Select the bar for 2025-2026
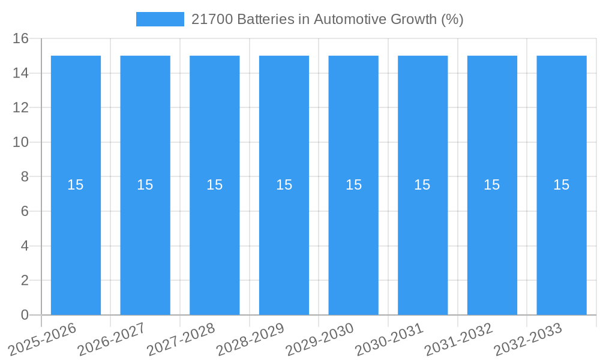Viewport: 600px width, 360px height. [x=76, y=240]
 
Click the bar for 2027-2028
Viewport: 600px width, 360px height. [x=215, y=240]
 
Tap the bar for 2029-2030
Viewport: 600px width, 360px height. [x=353, y=240]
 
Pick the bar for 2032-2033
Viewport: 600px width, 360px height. [x=562, y=240]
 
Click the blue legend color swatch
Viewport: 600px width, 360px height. [x=160, y=19]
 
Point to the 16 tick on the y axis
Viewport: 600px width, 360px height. [x=21, y=39]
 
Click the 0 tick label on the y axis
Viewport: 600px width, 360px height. [x=25, y=315]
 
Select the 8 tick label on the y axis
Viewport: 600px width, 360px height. [x=25, y=177]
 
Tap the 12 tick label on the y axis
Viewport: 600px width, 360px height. [x=21, y=108]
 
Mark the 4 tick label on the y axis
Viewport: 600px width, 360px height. [x=25, y=246]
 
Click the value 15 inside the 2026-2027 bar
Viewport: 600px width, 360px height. [x=145, y=185]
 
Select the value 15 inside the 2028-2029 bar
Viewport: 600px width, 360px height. [x=284, y=185]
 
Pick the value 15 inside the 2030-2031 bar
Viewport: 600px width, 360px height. [x=422, y=185]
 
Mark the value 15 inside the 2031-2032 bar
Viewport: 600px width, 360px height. [x=492, y=185]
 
